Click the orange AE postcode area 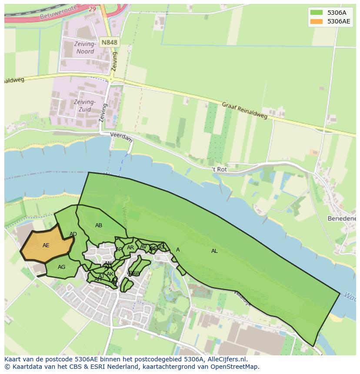click(46, 246)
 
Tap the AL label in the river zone click(214, 251)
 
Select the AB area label click(99, 225)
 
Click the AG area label click(62, 267)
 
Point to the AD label click(73, 235)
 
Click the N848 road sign click(109, 42)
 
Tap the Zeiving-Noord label click(85, 48)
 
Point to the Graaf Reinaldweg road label click(244, 111)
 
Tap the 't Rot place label click(219, 169)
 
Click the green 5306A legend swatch click(316, 13)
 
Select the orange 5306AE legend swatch click(316, 21)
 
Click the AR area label click(130, 248)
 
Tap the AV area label click(143, 247)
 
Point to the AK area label click(110, 274)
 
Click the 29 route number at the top click(92, 9)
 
